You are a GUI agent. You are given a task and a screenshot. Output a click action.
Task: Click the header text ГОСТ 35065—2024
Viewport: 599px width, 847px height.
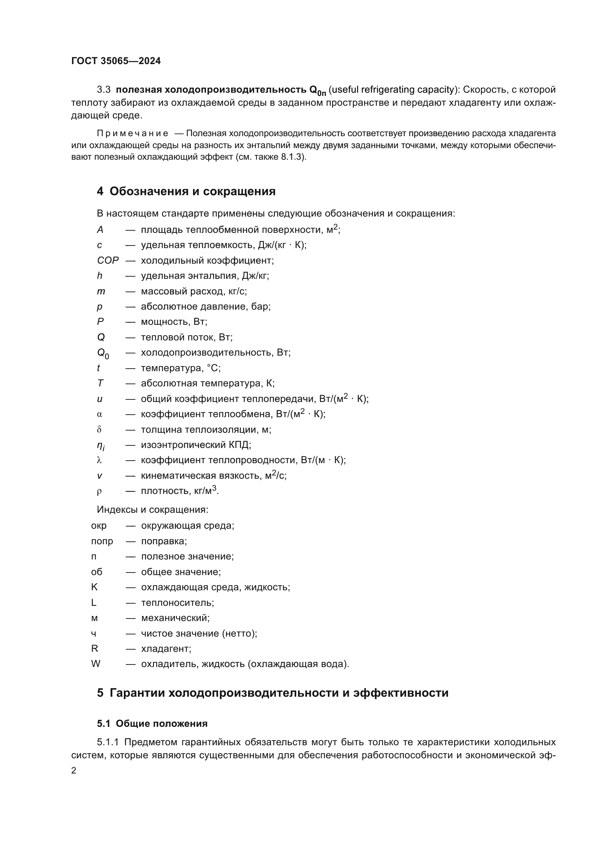tap(116, 61)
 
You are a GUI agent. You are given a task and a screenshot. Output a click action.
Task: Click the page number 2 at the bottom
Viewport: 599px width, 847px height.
tap(74, 770)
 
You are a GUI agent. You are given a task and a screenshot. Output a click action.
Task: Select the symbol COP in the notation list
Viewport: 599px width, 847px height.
tap(108, 260)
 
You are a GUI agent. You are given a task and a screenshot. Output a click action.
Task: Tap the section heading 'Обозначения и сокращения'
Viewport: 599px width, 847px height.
tap(192, 192)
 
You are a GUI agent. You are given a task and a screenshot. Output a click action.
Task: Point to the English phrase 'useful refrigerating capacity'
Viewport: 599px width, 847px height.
tap(393, 90)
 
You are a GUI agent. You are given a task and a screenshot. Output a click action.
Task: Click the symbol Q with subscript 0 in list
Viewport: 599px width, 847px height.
tap(102, 353)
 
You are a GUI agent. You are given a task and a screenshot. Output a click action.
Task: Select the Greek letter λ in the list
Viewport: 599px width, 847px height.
tap(99, 460)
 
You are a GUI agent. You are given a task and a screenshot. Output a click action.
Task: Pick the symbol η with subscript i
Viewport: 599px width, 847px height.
tap(101, 446)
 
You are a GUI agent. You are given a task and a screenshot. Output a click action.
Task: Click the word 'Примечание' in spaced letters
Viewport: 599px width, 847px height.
tap(133, 133)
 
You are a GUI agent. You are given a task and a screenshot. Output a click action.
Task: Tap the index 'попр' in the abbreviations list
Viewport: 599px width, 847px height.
tap(102, 541)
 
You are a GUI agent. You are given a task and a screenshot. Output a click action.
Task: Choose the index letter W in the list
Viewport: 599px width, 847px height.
tap(96, 664)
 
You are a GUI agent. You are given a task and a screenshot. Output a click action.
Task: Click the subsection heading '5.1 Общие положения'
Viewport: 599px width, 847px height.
tap(152, 724)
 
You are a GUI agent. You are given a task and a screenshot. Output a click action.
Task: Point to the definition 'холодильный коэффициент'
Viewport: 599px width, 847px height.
tap(207, 260)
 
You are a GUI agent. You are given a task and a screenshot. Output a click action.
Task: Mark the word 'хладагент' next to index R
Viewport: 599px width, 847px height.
tap(166, 648)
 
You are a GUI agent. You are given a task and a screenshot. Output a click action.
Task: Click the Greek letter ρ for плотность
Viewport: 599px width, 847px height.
tap(99, 491)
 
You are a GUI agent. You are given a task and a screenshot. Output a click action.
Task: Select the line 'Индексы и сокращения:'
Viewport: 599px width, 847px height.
tap(152, 510)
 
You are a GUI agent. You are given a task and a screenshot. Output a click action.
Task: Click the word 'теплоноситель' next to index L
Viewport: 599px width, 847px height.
tap(177, 603)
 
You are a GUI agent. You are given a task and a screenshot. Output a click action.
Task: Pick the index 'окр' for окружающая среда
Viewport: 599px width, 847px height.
tap(99, 526)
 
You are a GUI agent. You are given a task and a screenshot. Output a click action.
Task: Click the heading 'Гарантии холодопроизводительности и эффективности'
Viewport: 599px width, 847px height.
tap(279, 693)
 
